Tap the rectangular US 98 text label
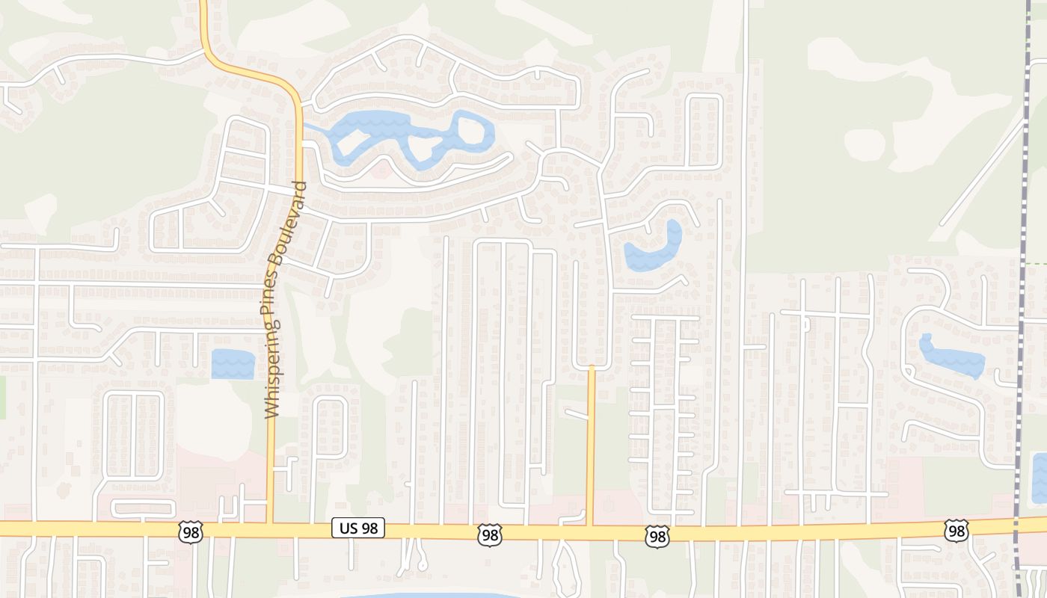tap(358, 528)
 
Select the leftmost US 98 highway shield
tap(190, 532)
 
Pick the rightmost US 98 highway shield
tap(956, 531)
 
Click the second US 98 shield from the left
tap(490, 534)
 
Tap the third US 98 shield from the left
tap(657, 535)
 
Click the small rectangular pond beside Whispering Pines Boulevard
tap(233, 364)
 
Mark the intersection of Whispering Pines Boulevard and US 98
tap(270, 529)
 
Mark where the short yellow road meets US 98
tap(591, 531)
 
